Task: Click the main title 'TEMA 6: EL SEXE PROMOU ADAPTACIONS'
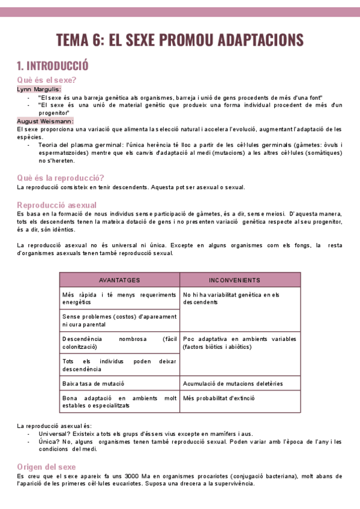(x=180, y=40)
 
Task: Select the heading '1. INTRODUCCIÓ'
(x=53, y=65)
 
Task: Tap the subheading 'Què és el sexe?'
(x=47, y=80)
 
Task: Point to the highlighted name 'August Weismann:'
(x=46, y=121)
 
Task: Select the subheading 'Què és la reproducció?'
(x=61, y=178)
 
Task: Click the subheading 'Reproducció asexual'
(x=57, y=205)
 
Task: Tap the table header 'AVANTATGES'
(x=119, y=280)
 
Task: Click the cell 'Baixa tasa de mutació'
(x=93, y=382)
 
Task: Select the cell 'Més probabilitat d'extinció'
(x=219, y=397)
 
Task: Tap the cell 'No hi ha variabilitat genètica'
(x=231, y=298)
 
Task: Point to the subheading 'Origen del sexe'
(x=47, y=466)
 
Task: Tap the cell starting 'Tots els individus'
(x=119, y=365)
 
